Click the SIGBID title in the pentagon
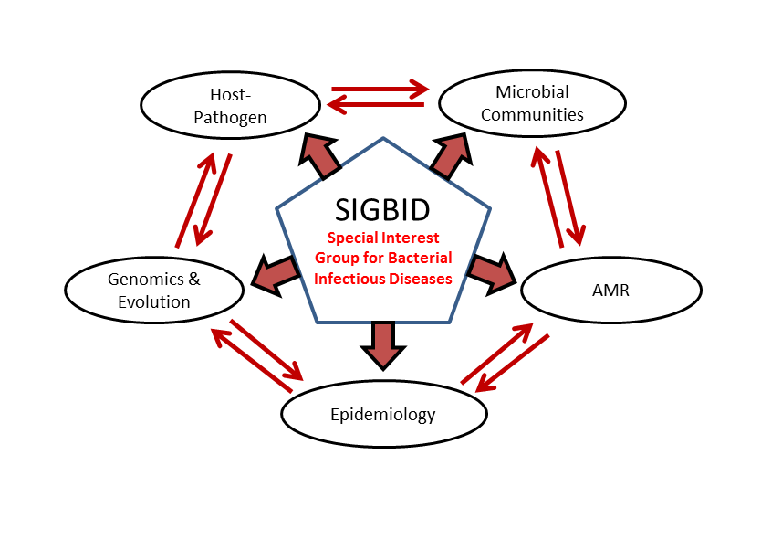(x=382, y=210)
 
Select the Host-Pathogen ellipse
(x=231, y=72)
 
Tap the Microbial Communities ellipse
(x=532, y=70)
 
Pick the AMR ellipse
(x=611, y=258)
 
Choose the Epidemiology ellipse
(x=384, y=381)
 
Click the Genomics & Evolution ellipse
(x=154, y=258)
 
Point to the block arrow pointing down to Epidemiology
(x=383, y=346)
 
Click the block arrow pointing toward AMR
(x=491, y=273)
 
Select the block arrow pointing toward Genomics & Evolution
(x=276, y=275)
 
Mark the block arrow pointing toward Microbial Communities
(x=452, y=155)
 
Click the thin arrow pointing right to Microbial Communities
(x=380, y=89)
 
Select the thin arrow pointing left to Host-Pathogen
(x=376, y=104)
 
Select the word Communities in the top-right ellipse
(x=532, y=115)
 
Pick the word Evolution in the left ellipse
(x=154, y=302)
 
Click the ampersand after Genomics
(x=194, y=279)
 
